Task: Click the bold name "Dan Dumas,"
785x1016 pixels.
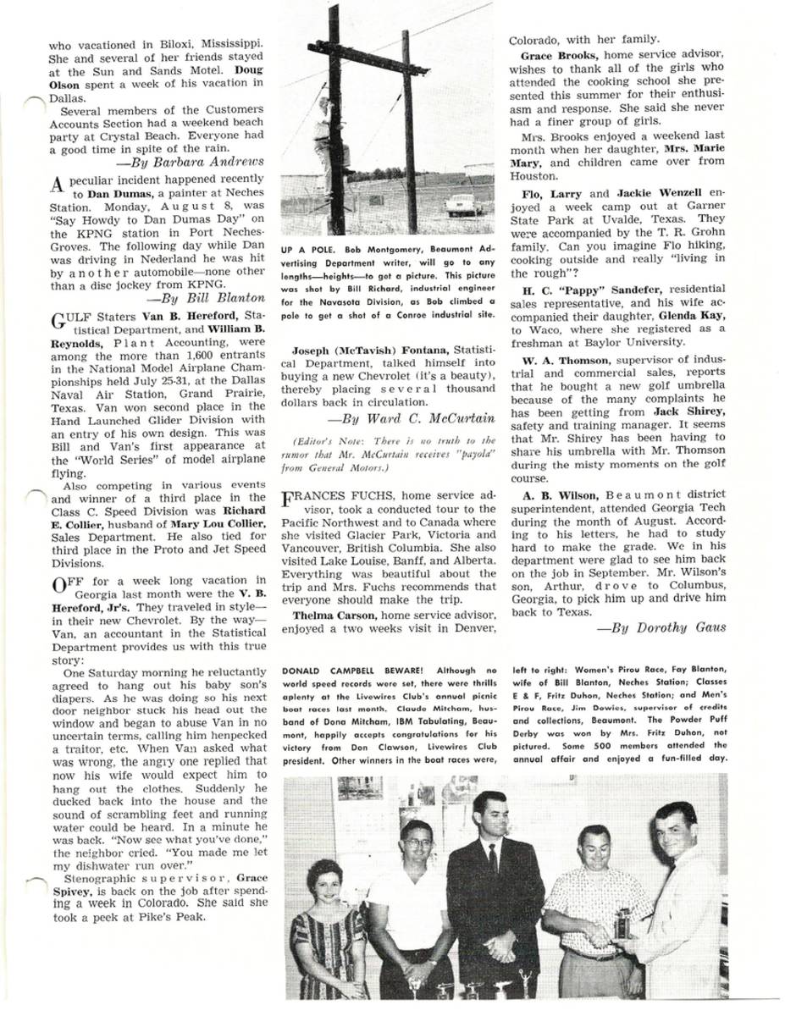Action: click(x=119, y=193)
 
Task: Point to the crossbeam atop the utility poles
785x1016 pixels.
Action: click(x=368, y=57)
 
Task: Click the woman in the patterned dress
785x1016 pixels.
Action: click(x=328, y=931)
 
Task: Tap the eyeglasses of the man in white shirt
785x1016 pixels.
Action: click(x=417, y=843)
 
